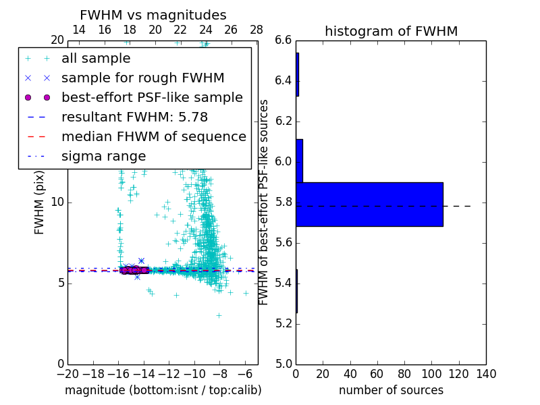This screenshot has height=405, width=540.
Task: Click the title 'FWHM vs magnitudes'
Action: click(153, 15)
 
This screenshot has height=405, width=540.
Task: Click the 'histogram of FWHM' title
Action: click(391, 31)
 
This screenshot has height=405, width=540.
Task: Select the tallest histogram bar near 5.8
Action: click(369, 204)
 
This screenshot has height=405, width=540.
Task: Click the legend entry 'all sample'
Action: click(96, 59)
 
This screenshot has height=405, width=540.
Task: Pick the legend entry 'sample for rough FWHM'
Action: click(142, 78)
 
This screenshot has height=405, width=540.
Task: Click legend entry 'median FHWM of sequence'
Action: click(153, 137)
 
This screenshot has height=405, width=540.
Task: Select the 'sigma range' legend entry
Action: click(103, 157)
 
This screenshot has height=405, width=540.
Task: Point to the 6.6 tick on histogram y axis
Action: click(284, 40)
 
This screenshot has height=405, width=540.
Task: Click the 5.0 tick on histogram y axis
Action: click(284, 364)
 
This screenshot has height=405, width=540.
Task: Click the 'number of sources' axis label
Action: click(391, 390)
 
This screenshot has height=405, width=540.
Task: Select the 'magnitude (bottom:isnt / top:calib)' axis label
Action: click(163, 390)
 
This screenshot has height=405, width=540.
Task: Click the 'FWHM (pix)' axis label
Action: click(39, 202)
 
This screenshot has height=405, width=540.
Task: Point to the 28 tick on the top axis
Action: click(256, 30)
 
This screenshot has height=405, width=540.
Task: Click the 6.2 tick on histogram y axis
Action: click(284, 122)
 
